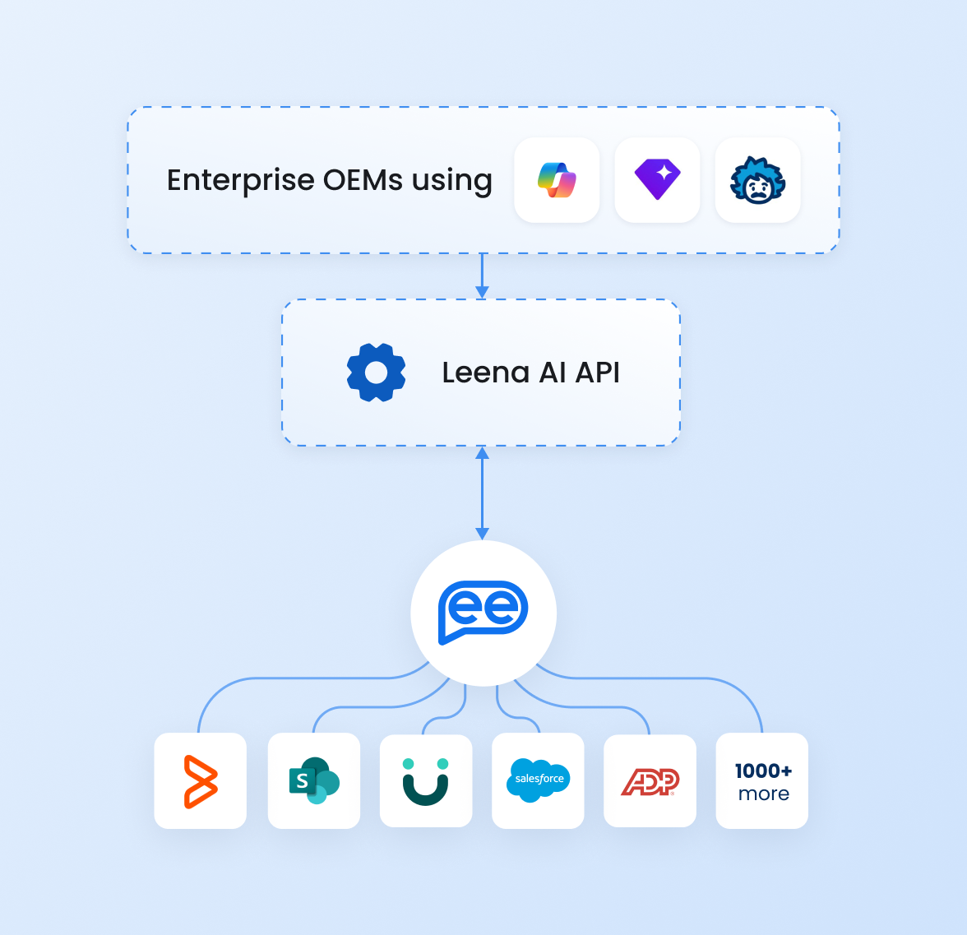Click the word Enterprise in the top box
click(x=240, y=180)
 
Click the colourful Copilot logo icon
click(x=557, y=180)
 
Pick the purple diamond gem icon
click(x=657, y=180)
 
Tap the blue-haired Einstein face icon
click(x=757, y=180)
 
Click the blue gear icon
click(x=376, y=373)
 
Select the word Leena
click(x=485, y=373)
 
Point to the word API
click(x=598, y=373)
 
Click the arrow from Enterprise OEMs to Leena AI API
click(x=482, y=276)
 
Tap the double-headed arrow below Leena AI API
click(x=482, y=493)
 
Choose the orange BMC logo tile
click(x=200, y=780)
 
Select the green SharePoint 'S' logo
click(x=313, y=780)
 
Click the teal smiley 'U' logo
click(x=426, y=780)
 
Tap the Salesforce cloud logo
click(x=539, y=780)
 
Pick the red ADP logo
click(x=650, y=781)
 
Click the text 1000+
click(x=763, y=771)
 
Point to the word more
click(x=763, y=794)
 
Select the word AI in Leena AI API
click(x=552, y=373)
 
